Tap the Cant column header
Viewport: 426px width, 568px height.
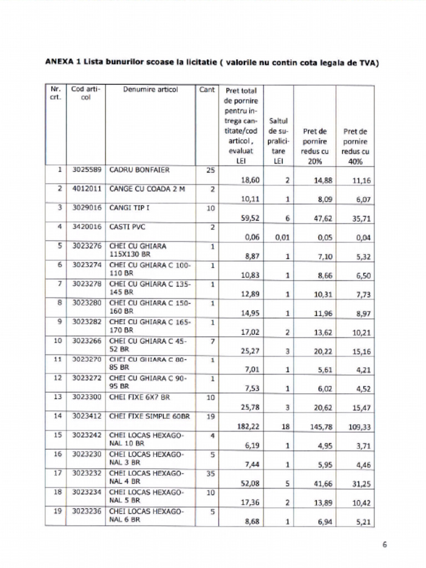pos(207,89)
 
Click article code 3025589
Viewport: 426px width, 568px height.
pos(87,170)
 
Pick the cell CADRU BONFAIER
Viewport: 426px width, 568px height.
pos(139,170)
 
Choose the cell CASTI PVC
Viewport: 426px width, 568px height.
pos(126,227)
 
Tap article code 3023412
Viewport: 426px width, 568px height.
pos(87,415)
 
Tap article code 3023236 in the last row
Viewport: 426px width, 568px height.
pos(87,511)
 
